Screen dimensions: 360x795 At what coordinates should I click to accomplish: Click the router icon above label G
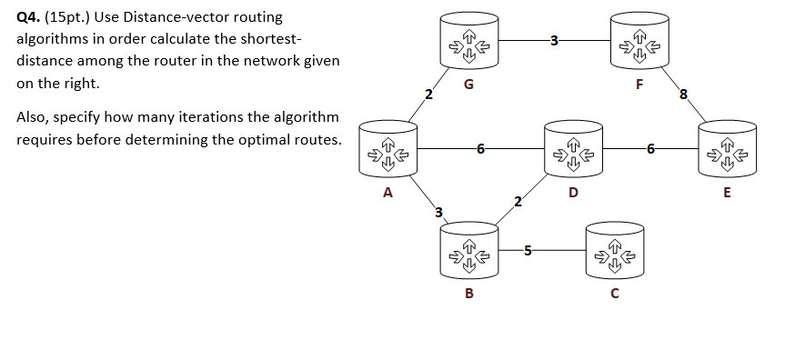coord(468,43)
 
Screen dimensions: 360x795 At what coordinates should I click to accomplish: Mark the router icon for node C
coord(614,249)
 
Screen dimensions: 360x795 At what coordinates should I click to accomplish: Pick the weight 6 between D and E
coord(649,147)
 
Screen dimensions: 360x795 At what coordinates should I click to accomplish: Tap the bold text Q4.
coord(28,17)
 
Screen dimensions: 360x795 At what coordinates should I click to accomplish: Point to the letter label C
coord(615,293)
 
